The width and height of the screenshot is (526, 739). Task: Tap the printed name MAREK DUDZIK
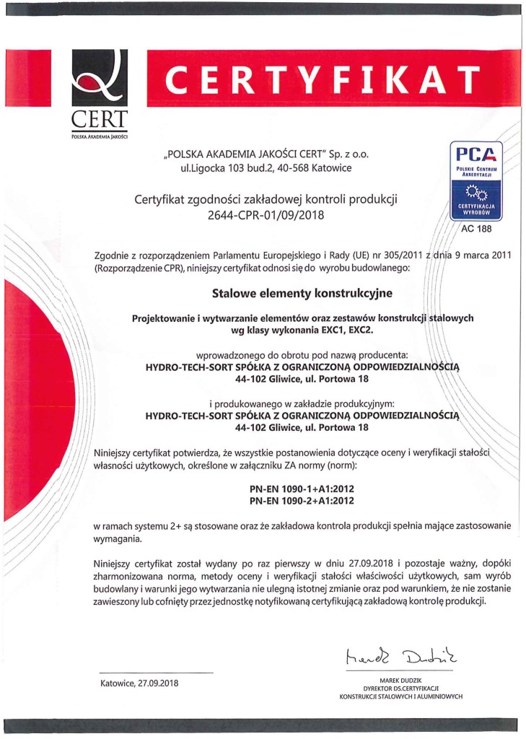tap(400, 681)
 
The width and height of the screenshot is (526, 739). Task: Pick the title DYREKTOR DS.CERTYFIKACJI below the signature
tap(400, 689)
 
